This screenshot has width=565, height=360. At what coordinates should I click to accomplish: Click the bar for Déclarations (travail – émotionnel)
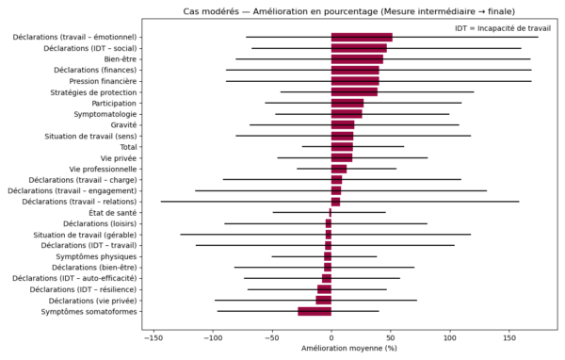[x=362, y=37]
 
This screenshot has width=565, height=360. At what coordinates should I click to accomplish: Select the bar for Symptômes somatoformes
[x=315, y=311]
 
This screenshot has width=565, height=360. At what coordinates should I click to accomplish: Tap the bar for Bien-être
[x=357, y=58]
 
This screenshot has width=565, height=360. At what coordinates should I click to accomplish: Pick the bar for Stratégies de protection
[x=354, y=91]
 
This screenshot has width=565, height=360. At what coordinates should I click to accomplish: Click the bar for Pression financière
[x=355, y=81]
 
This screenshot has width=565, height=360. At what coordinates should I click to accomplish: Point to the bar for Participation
[x=347, y=103]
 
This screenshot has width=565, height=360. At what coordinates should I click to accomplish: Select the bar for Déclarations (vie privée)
[x=324, y=301]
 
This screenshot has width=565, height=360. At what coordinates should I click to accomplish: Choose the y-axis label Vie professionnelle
[x=97, y=169]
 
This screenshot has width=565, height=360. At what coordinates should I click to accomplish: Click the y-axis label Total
[x=128, y=147]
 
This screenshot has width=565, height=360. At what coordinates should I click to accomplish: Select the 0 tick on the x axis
[x=331, y=335]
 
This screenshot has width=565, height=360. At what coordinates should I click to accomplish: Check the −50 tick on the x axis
[x=271, y=335]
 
